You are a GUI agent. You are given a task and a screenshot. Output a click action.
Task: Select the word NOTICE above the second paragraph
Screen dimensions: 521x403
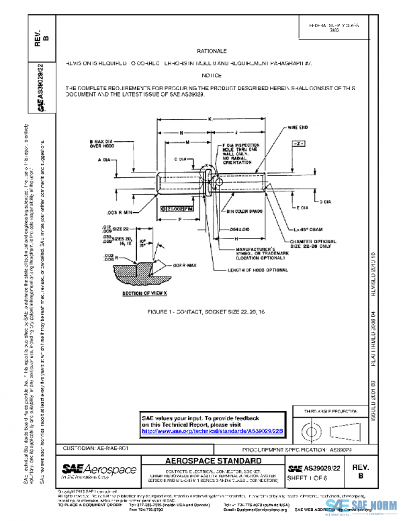pyautogui.click(x=212, y=75)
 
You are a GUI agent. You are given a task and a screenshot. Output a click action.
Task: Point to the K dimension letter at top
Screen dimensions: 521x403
pyautogui.click(x=211, y=119)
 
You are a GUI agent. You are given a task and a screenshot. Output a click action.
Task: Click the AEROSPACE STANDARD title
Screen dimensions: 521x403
pyautogui.click(x=214, y=461)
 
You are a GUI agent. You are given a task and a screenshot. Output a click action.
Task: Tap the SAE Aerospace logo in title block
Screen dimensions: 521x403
pyautogui.click(x=99, y=469)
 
